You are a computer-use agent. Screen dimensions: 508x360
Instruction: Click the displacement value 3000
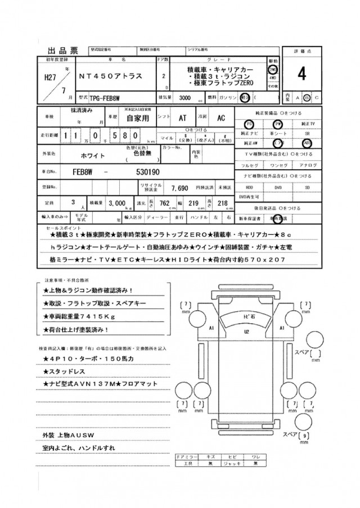pos(184,97)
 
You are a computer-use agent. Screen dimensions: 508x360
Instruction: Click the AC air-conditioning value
pos(221,119)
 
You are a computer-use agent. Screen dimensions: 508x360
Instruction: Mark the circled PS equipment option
pos(248,124)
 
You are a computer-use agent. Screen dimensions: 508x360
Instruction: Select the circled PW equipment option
pos(277,124)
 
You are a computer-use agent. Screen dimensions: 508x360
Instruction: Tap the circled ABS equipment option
pos(307,143)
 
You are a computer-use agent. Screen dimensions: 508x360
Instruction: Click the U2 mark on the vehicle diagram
pos(247,332)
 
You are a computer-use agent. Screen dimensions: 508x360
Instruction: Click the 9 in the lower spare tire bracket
pos(305,436)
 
